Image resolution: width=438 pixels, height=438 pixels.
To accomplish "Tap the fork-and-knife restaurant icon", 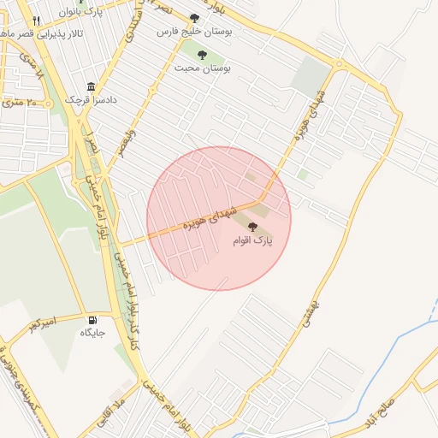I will [x=35, y=21].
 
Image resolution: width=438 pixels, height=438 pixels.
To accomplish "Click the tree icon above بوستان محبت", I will [x=202, y=55].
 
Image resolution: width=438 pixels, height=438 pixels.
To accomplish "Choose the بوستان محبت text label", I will [x=204, y=67].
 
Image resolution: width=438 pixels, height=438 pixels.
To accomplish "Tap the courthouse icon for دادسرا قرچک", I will [x=91, y=86].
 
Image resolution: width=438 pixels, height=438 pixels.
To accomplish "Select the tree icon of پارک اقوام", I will [x=252, y=226].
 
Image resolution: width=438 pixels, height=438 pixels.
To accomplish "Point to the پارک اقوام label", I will [x=252, y=241].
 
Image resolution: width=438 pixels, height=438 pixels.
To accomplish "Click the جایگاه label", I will [x=92, y=333].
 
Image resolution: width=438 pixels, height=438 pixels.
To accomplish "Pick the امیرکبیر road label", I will [x=42, y=323].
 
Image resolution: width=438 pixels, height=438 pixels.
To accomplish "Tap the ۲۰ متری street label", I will [x=18, y=102].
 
